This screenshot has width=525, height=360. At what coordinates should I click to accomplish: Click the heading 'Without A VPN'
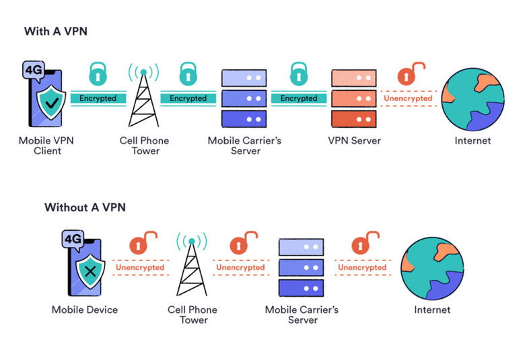click(85, 207)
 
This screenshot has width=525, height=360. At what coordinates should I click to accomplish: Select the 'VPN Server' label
click(354, 141)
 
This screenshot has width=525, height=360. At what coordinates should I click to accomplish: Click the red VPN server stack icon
click(354, 98)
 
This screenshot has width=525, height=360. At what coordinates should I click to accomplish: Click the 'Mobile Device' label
click(85, 310)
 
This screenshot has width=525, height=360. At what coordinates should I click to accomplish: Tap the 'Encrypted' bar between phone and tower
click(98, 98)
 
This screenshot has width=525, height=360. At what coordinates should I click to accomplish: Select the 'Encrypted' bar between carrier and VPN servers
click(298, 98)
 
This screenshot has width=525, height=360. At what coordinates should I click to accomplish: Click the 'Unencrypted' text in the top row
click(409, 98)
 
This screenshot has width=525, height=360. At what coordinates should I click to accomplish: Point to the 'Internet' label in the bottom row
click(432, 310)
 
